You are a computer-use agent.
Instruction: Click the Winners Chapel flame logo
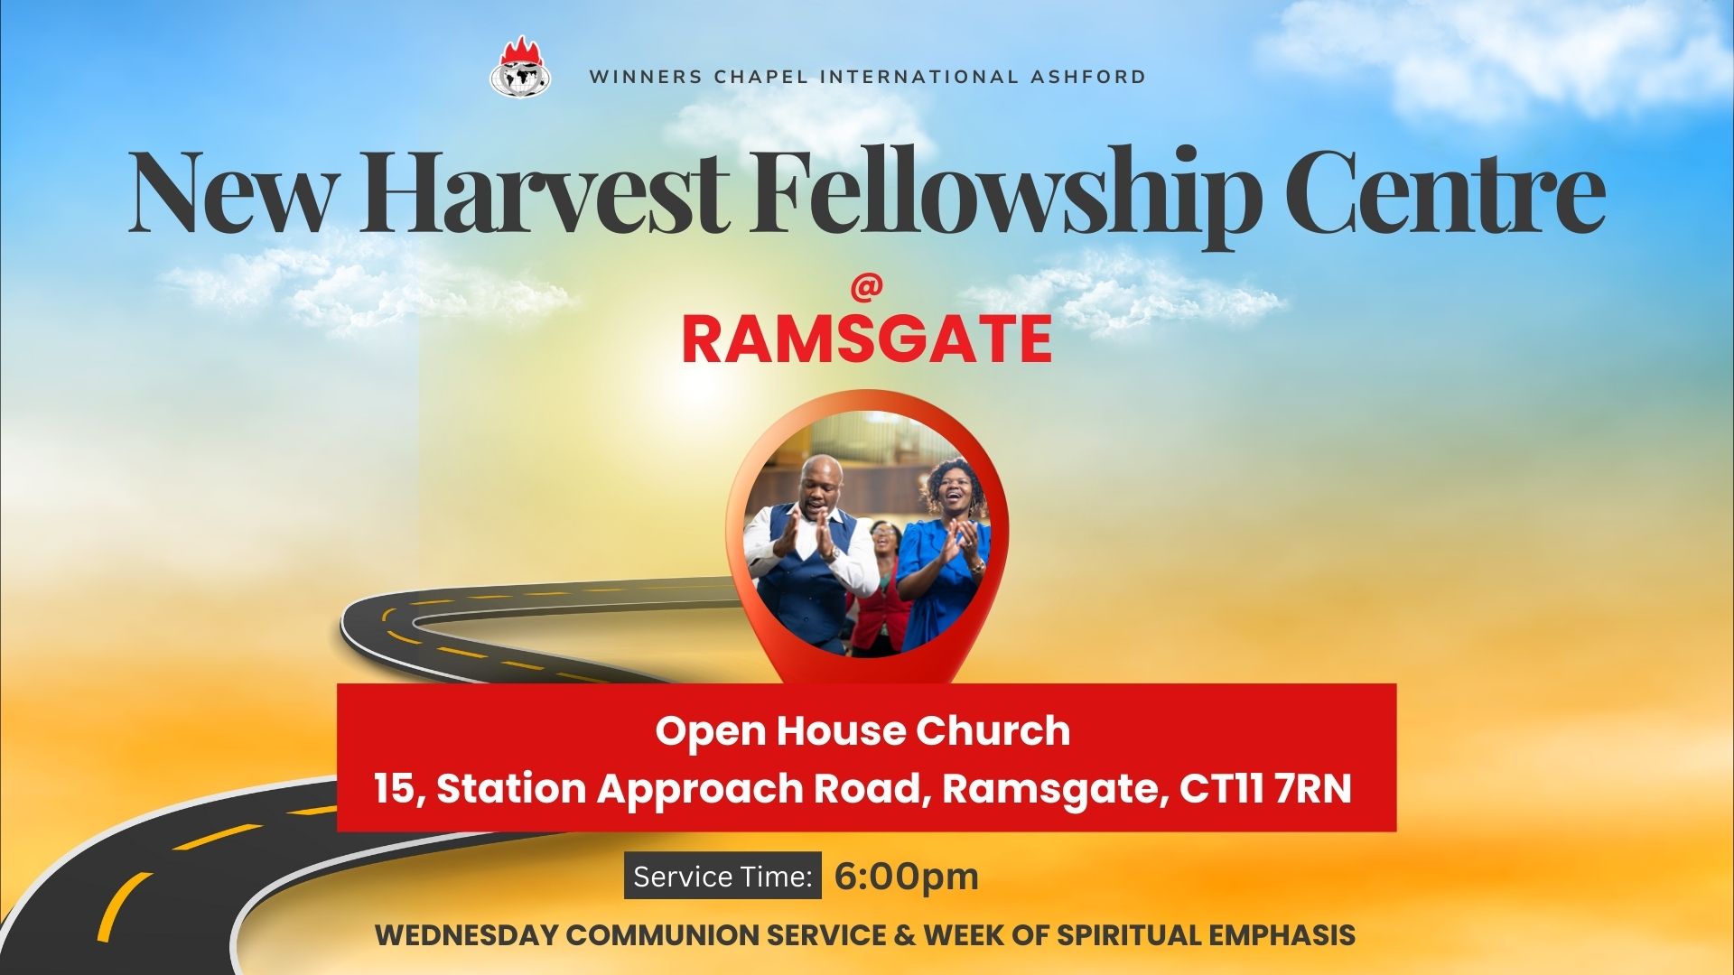point(521,67)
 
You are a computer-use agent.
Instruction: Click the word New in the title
point(230,193)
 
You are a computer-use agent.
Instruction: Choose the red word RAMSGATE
point(867,339)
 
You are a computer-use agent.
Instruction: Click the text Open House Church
point(863,730)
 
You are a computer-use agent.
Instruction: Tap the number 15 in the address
point(395,788)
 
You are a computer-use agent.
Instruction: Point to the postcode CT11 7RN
point(1265,788)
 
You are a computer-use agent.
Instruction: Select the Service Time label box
point(722,876)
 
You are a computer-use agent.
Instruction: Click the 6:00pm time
point(907,877)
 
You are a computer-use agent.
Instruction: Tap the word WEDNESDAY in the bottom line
point(466,935)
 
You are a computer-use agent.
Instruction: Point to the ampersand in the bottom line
point(905,935)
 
